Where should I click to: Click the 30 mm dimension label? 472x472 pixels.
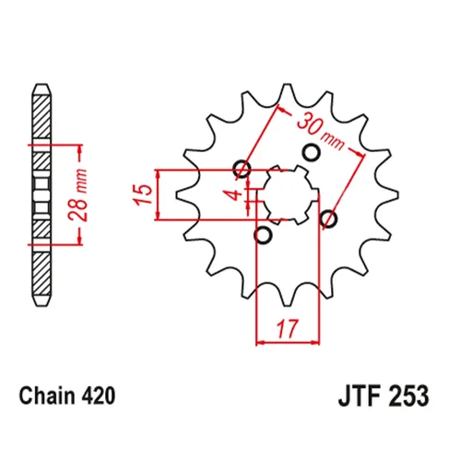(321, 132)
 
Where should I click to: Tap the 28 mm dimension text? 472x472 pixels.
(78, 195)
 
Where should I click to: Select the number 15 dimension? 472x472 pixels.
(143, 195)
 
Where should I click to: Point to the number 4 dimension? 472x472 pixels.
(235, 195)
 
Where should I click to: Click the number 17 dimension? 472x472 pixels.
(288, 328)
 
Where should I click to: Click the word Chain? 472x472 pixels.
(47, 395)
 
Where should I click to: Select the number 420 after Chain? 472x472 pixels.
(99, 395)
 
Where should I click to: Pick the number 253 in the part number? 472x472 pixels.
(407, 396)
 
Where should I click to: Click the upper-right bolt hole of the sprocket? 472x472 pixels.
(312, 152)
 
